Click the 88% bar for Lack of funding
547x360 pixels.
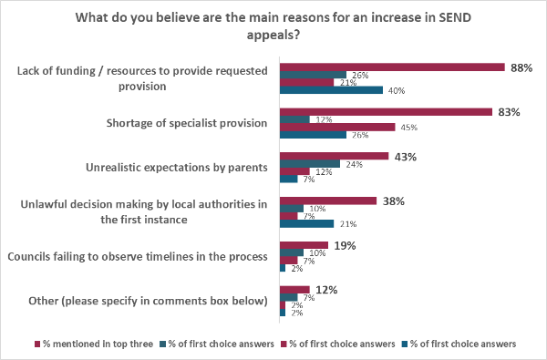click(x=392, y=67)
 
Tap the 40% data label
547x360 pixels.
click(x=396, y=90)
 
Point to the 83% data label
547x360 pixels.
click(x=509, y=112)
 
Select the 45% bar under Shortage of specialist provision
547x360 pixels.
click(x=337, y=128)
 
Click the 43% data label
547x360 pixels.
click(x=406, y=157)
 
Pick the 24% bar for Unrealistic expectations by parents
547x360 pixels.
click(x=310, y=164)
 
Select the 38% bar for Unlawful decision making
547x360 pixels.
click(x=328, y=201)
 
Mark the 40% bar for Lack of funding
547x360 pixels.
click(x=331, y=90)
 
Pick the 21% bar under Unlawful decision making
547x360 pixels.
click(x=306, y=223)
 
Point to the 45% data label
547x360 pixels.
click(x=408, y=128)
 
